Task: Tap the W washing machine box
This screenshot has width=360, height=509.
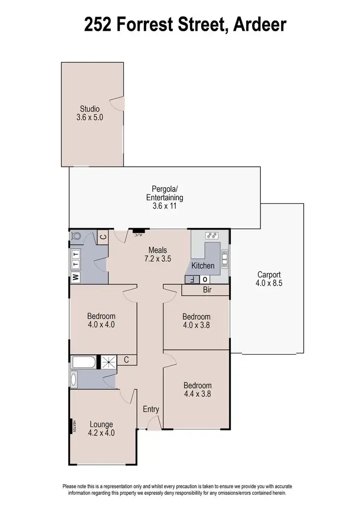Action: coord(75,277)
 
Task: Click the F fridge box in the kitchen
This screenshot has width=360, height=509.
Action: coord(192,279)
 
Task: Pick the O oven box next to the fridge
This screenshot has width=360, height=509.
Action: coord(205,279)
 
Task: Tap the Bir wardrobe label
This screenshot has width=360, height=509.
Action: coord(207,290)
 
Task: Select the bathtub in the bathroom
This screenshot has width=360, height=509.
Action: coord(84,363)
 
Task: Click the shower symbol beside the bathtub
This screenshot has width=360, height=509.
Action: coord(107,363)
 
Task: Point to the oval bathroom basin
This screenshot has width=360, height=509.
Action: coord(74,379)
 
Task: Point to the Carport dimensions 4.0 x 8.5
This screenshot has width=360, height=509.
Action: coord(269,283)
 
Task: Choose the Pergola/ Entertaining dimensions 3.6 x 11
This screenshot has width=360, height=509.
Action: coord(165,206)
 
